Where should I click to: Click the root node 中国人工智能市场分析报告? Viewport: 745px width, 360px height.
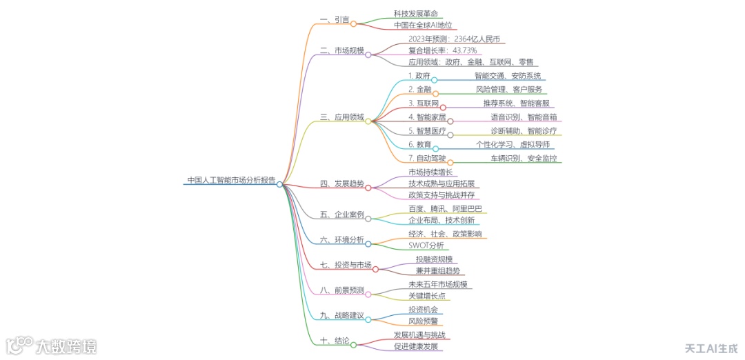[231, 180]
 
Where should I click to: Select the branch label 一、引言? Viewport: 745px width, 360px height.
[335, 19]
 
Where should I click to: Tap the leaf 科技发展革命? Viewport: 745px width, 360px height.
[415, 14]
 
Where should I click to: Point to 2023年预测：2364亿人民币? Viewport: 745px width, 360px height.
[454, 39]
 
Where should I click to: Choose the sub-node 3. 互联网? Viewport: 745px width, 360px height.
[424, 103]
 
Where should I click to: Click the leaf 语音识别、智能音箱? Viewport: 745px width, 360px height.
[524, 117]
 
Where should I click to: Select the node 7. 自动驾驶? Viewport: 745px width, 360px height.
[427, 159]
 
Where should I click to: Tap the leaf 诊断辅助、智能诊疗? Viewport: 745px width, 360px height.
[524, 131]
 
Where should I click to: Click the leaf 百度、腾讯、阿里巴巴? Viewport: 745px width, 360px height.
[445, 209]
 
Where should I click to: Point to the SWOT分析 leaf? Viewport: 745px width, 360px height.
[426, 245]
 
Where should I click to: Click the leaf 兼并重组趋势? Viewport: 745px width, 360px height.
[437, 270]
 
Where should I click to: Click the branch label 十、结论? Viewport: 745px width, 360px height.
[335, 341]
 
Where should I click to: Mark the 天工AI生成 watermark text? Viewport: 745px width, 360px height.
[711, 348]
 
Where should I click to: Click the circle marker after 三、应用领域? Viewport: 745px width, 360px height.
[368, 121]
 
